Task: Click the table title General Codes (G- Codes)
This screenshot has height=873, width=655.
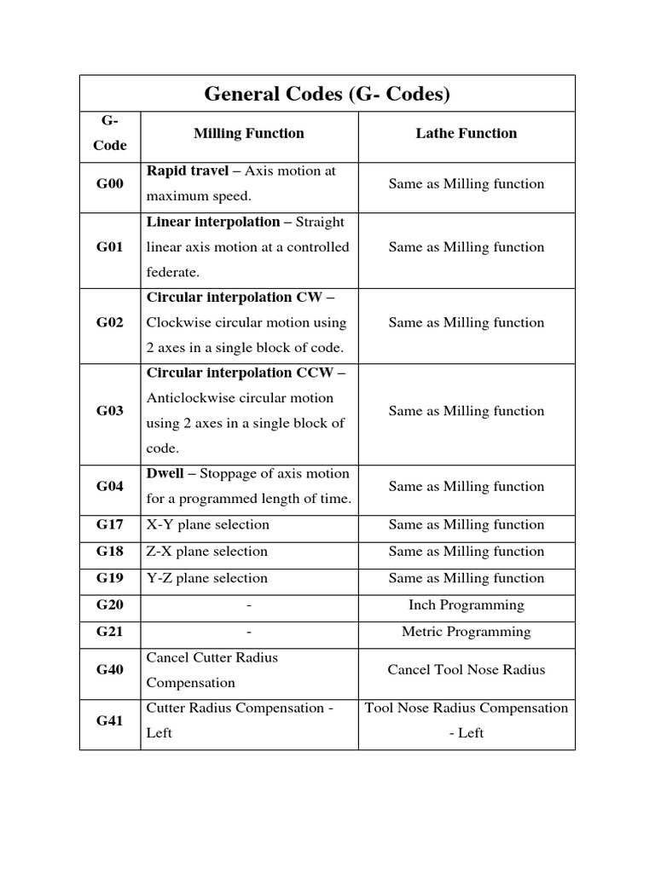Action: click(x=327, y=94)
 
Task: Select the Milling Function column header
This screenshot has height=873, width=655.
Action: click(x=248, y=133)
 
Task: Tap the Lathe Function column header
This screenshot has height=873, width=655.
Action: click(x=466, y=133)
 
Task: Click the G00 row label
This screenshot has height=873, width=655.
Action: click(x=110, y=184)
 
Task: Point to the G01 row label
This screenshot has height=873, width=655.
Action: click(x=110, y=247)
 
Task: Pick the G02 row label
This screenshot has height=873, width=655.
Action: click(x=110, y=323)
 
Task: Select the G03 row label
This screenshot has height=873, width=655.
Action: click(x=110, y=411)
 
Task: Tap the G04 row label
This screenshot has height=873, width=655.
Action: click(x=110, y=487)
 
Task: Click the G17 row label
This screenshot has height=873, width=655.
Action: click(x=110, y=525)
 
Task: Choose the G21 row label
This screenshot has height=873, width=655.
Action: click(x=110, y=633)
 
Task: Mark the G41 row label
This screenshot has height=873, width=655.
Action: click(x=110, y=721)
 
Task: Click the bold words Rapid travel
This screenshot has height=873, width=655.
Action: click(x=188, y=171)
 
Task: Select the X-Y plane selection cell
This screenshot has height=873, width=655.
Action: click(x=207, y=525)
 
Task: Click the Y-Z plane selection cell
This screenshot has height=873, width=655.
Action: click(x=207, y=579)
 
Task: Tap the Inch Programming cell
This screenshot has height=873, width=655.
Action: click(x=466, y=605)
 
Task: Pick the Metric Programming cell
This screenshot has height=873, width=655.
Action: click(x=466, y=633)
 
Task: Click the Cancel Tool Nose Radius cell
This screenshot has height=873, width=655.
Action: click(x=466, y=670)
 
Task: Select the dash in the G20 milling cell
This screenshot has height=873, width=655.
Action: click(x=249, y=605)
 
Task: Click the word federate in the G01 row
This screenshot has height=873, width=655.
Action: click(x=174, y=273)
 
